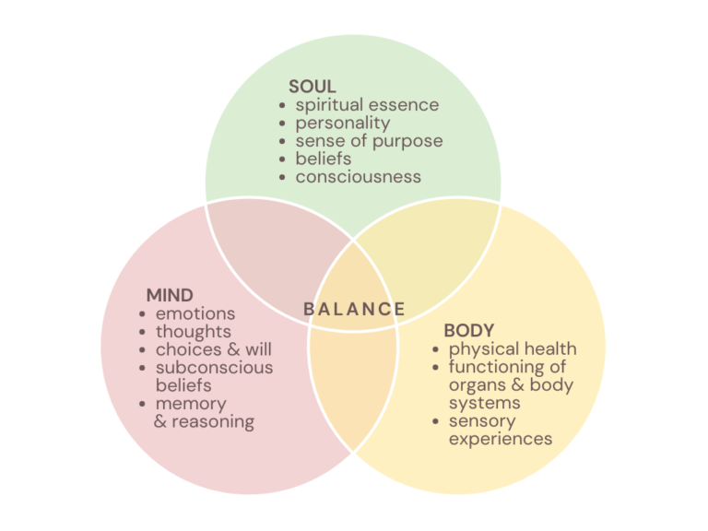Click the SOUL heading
pos(312,88)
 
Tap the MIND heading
pos(170,296)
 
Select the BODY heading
pos(469,330)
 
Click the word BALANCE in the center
pos(355,309)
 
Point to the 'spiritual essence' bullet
pos(367,105)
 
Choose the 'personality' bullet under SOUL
pos(343,123)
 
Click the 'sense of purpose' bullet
pos(369,141)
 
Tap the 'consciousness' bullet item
pos(358,176)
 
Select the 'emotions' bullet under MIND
pos(195,314)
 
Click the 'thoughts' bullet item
pos(193,332)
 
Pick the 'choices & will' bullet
pos(213,349)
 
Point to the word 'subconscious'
pos(214,368)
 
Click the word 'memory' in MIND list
pos(190,404)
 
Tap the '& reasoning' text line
pos(204,422)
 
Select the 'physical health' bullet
pos(513,348)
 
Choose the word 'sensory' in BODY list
pos(482,421)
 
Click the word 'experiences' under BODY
pos(501,439)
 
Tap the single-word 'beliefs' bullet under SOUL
pos(323,159)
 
